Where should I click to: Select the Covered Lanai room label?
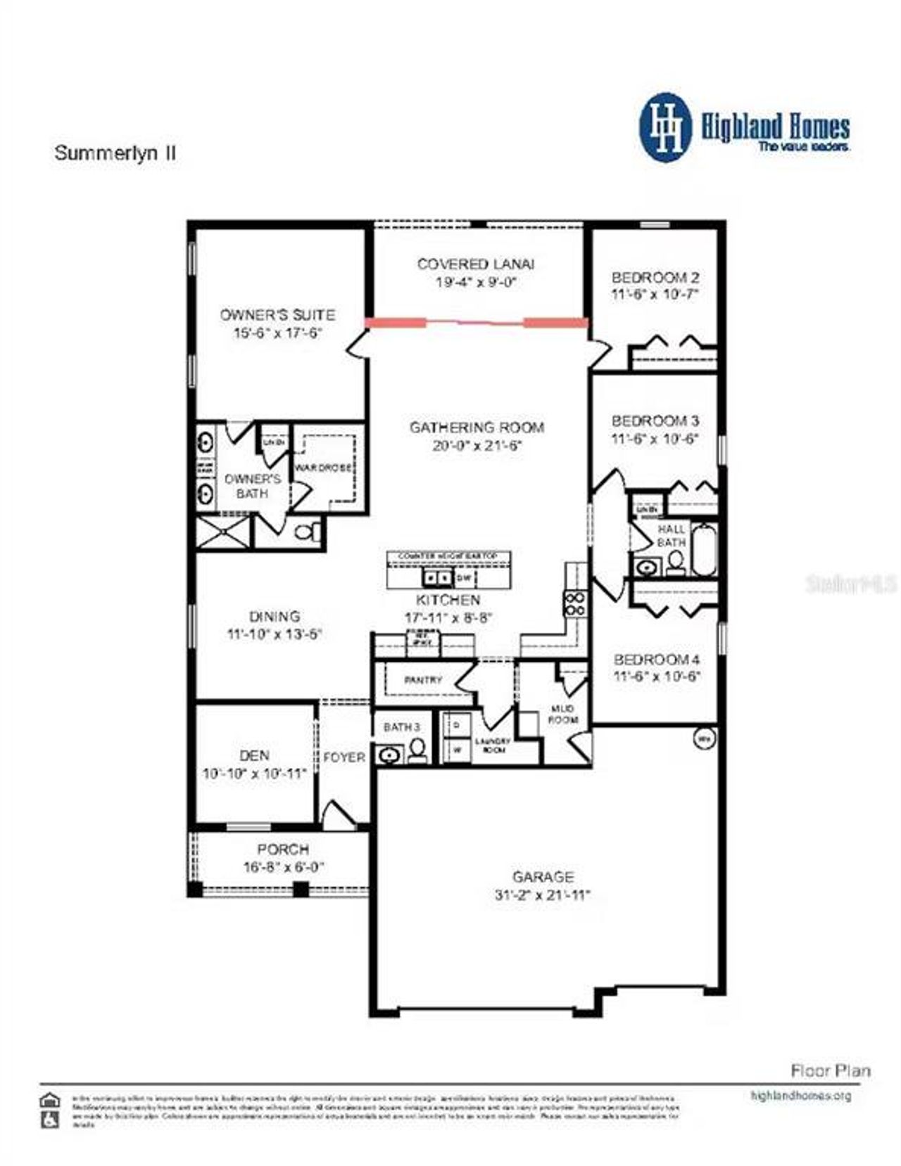475,264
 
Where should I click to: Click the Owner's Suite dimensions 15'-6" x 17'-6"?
277,333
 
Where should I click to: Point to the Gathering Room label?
477,427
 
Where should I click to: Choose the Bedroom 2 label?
655,277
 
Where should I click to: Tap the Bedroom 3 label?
655,421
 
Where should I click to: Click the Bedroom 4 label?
656,660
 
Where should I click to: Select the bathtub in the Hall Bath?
703,549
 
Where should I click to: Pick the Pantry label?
423,680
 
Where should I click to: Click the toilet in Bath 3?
417,750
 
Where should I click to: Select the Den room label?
254,755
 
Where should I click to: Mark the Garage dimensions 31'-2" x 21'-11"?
542,895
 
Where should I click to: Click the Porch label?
283,850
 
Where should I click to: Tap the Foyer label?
344,757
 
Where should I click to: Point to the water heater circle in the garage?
703,739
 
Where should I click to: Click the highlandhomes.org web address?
801,1096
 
